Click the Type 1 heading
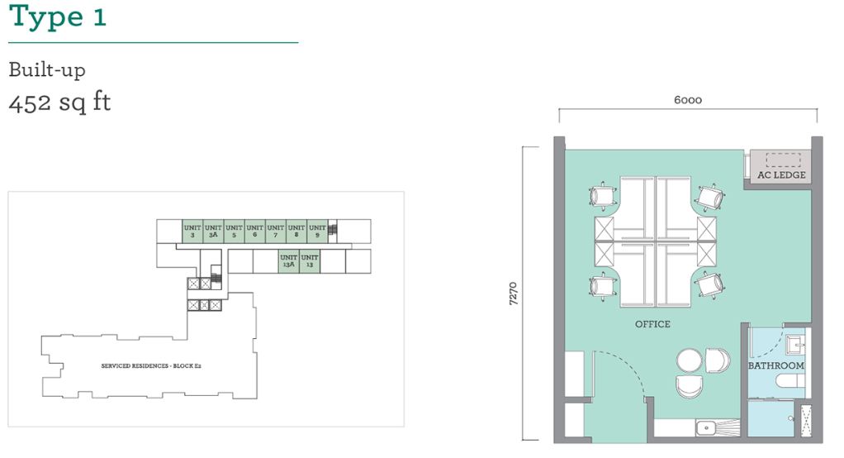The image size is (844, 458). [58, 17]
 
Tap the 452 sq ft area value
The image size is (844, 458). [59, 103]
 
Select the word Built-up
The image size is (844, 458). [47, 70]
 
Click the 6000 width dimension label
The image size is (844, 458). [687, 100]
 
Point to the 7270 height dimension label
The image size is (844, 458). [513, 293]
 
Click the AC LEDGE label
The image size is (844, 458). [781, 175]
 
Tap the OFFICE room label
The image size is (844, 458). [652, 324]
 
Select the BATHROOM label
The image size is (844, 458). [776, 365]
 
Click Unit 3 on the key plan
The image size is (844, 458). [192, 231]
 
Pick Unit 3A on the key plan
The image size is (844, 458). [213, 231]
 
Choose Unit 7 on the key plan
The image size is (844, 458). [276, 231]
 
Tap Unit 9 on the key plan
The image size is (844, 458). [317, 231]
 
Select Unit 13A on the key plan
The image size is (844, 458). [288, 261]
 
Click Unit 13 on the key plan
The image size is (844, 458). [310, 261]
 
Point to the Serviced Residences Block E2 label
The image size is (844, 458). [151, 366]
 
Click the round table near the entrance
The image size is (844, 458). [690, 360]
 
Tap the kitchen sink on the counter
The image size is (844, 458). [705, 428]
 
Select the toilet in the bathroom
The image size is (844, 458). [790, 380]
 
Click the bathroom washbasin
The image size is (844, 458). [795, 344]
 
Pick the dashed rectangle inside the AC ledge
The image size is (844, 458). [783, 160]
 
